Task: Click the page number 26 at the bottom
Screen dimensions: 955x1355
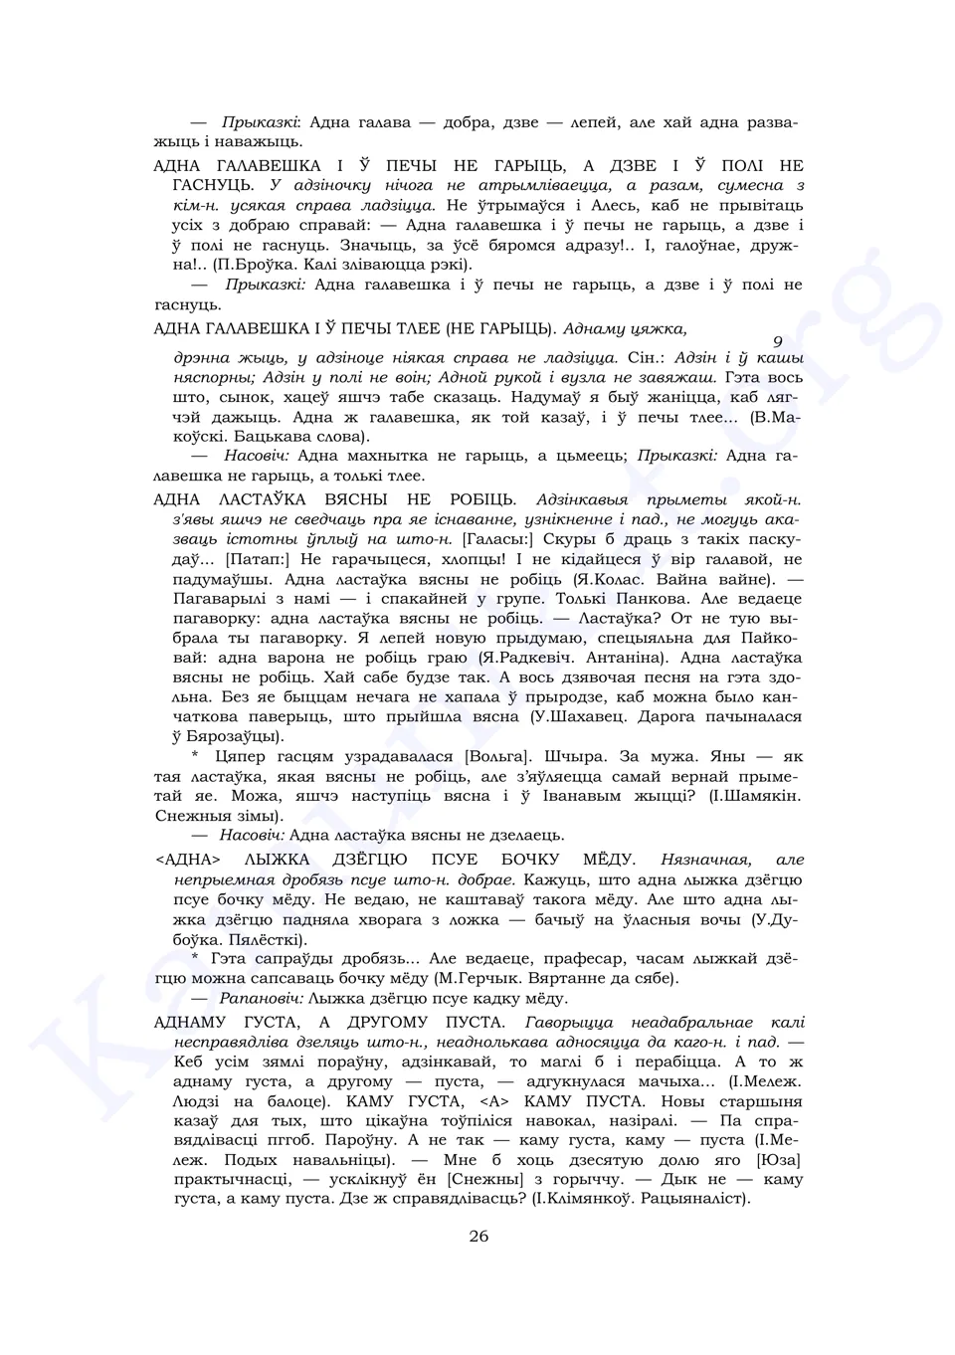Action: (478, 1237)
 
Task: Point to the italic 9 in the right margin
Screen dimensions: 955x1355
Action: (778, 341)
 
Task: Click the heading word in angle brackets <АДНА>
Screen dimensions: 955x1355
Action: (187, 860)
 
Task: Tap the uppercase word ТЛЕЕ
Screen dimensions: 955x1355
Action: (408, 327)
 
